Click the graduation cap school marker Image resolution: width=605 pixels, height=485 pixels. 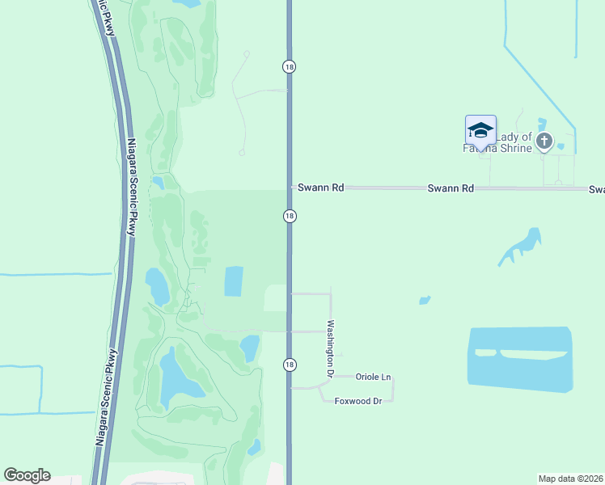pos(480,130)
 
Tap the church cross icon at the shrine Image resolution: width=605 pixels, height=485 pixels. pos(544,142)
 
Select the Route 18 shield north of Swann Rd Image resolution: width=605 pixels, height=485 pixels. pos(289,66)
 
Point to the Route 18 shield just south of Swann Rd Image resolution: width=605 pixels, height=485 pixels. pos(289,216)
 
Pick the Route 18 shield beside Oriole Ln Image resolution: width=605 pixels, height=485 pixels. pos(289,365)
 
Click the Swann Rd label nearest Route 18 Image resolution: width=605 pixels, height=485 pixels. pos(320,188)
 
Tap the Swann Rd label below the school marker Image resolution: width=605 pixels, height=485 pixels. pos(451,188)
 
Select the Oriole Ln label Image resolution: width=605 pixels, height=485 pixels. pos(374,377)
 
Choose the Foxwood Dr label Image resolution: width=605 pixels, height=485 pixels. pos(357,401)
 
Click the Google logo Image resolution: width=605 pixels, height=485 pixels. pos(27,475)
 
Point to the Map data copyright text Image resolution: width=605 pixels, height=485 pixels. pos(571,479)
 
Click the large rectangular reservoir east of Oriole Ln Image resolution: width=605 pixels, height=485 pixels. pos(519,361)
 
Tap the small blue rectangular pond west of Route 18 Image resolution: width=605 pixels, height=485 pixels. pos(233,281)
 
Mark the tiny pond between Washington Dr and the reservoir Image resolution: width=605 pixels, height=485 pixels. pos(425,301)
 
